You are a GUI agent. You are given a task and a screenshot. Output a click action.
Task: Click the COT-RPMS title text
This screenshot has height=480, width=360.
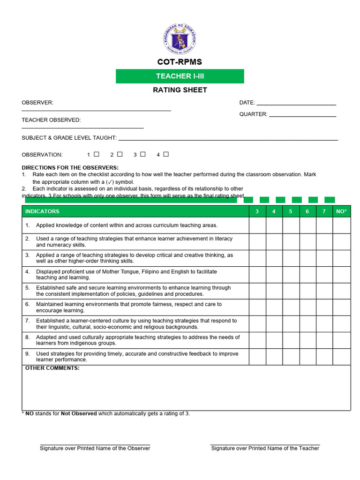tap(180, 62)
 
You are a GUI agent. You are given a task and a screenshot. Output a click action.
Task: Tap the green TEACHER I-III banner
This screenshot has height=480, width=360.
tap(180, 76)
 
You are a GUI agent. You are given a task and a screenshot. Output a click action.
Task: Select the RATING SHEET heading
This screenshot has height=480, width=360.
tap(180, 90)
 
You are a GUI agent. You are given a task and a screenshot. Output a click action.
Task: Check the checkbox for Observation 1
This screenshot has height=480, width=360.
tap(97, 154)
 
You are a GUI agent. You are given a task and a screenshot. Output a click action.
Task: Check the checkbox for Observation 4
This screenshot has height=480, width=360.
tap(166, 154)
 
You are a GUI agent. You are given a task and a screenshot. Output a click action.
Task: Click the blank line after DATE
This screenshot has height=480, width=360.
tap(296, 103)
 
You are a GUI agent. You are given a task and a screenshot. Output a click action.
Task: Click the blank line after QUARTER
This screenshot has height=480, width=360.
tap(302, 114)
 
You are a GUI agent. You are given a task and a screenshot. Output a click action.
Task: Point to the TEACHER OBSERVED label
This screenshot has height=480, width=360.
tap(51, 120)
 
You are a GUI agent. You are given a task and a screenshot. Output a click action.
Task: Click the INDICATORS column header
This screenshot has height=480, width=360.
tap(43, 211)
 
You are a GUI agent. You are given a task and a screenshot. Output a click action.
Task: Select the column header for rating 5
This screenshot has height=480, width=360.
tap(291, 211)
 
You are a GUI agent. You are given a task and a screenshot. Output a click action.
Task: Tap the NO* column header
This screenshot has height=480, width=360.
tap(342, 211)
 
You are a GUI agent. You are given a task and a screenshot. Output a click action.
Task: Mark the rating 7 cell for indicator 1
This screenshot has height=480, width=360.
tap(324, 225)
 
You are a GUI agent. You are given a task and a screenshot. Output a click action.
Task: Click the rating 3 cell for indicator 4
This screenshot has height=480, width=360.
tap(257, 275)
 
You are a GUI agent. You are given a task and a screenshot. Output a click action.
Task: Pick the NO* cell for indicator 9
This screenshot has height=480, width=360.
tap(342, 357)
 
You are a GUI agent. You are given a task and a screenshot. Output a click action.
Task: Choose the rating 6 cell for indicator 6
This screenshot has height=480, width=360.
tap(307, 307)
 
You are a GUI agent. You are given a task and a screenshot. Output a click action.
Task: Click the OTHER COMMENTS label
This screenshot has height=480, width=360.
tap(52, 368)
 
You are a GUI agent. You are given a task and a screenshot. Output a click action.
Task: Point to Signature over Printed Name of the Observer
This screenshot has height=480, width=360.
tap(95, 449)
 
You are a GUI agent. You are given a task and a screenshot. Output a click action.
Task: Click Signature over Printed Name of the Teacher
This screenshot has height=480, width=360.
tap(265, 449)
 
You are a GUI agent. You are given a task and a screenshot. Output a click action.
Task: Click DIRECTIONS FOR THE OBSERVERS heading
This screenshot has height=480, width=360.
tap(70, 168)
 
